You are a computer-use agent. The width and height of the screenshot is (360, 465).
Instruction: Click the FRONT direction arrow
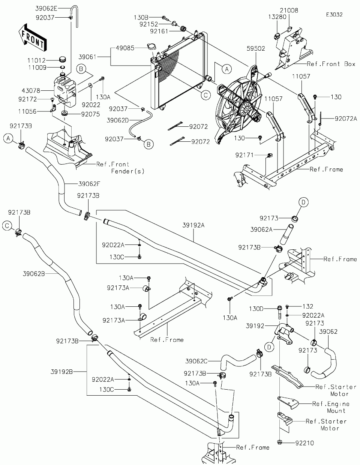tap(32, 37)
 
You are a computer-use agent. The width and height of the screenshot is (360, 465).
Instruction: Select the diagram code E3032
tap(334, 15)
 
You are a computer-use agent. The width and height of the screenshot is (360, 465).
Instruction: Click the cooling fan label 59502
tap(256, 48)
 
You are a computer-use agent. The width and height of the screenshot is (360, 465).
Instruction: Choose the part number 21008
tap(289, 10)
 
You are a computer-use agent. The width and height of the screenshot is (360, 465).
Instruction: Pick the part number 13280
tap(277, 17)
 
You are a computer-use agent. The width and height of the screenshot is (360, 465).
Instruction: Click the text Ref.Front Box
tap(331, 64)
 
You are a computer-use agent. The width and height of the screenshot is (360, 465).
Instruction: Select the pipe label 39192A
tap(193, 225)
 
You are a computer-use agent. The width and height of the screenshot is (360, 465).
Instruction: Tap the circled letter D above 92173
tap(304, 202)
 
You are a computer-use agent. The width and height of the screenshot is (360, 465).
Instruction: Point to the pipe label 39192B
tap(61, 372)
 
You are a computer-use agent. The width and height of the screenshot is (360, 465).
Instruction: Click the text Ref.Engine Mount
tap(331, 407)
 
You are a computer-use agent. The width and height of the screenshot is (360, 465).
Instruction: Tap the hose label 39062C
tap(196, 361)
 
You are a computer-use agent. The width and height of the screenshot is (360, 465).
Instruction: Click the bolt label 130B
tap(141, 17)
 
